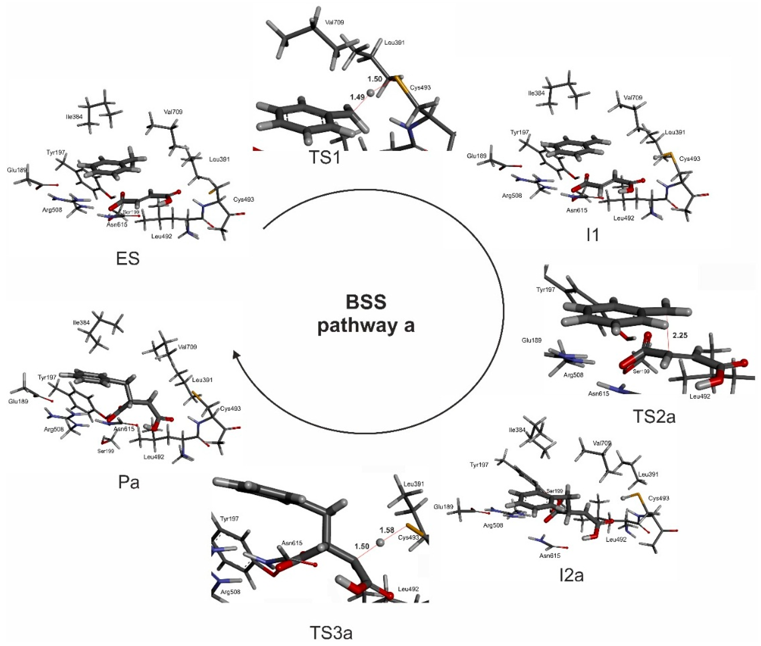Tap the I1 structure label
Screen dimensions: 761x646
(593, 235)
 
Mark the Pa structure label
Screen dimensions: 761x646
(129, 482)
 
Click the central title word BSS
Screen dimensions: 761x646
(366, 302)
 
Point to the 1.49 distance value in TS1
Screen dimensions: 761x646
(357, 97)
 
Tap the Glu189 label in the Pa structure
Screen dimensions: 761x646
(18, 401)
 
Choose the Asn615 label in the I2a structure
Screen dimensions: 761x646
(550, 556)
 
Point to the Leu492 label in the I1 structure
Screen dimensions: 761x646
(624, 218)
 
